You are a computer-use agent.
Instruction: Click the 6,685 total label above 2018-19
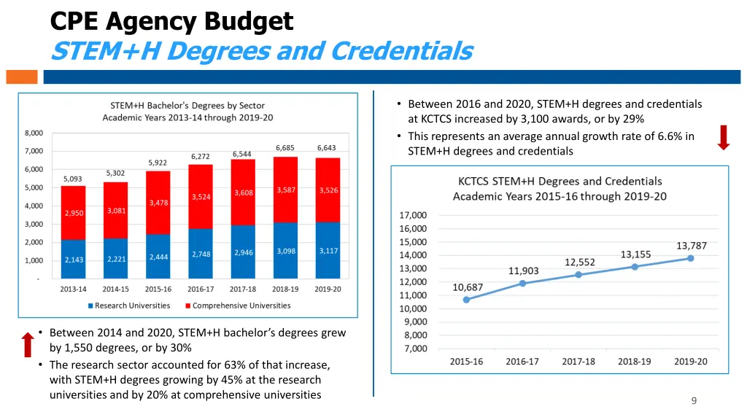point(285,148)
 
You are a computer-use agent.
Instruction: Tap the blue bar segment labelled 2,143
point(74,260)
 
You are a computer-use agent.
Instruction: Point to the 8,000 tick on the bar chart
point(34,133)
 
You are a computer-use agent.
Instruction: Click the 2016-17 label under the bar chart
point(201,289)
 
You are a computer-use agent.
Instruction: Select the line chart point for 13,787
point(690,258)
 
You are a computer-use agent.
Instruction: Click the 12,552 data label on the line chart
point(580,262)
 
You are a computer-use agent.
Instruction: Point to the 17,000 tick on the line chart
point(413,215)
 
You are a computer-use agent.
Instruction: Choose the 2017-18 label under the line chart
point(578,362)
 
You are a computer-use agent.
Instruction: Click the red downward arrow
point(723,137)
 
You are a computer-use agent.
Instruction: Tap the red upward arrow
point(28,345)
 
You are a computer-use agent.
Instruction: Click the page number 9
point(694,400)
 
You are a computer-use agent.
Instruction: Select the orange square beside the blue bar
point(21,77)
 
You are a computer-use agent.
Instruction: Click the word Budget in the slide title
point(249,21)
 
